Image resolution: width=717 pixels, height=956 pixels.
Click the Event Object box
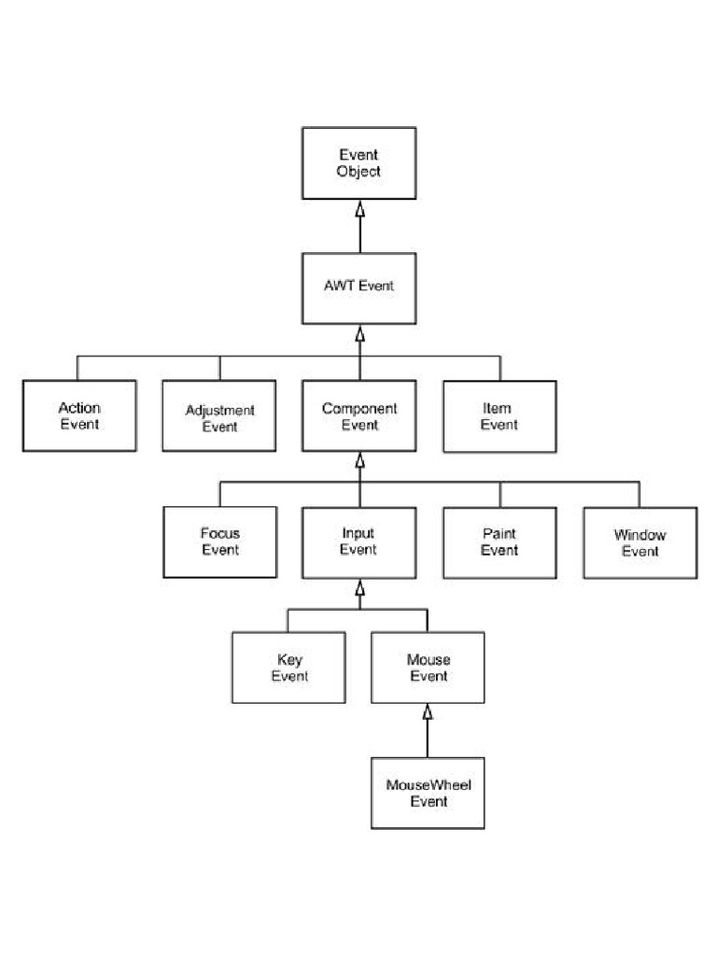click(358, 163)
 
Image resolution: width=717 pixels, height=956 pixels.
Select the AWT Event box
click(358, 286)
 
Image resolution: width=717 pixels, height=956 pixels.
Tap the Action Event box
click(79, 416)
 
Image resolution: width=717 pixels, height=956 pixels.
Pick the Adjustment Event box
click(219, 416)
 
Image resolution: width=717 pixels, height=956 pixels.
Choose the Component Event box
click(359, 416)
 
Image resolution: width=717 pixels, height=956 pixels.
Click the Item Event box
click(499, 416)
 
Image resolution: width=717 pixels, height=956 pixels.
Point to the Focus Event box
click(219, 541)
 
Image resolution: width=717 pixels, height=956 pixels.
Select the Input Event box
click(358, 541)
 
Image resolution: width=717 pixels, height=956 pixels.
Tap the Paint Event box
click(499, 541)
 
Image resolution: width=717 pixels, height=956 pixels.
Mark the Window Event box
click(640, 541)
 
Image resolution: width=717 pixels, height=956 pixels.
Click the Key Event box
click(289, 668)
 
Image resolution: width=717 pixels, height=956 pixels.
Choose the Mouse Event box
click(429, 668)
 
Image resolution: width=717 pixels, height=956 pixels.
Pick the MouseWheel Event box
click(429, 793)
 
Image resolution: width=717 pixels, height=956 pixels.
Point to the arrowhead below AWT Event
click(359, 331)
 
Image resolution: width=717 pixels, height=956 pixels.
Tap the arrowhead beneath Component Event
click(359, 459)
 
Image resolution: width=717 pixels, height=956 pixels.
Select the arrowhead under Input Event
click(359, 585)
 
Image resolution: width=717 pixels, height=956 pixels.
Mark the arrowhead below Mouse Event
click(428, 711)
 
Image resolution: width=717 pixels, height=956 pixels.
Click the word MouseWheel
click(429, 784)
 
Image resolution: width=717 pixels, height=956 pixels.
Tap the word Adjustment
click(219, 410)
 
